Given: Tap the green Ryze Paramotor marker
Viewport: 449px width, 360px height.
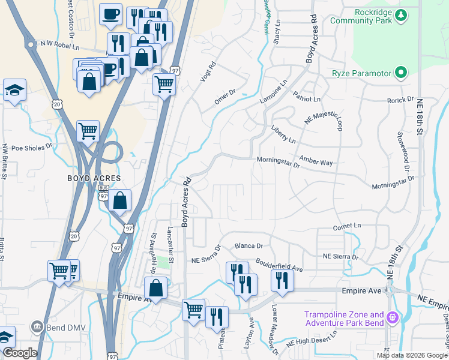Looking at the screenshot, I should tap(400, 74).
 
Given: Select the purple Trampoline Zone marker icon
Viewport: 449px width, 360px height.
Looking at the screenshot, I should tap(393, 317).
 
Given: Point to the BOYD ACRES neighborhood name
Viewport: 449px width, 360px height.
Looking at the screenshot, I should tap(94, 179).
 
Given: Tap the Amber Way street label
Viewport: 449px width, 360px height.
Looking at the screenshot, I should tap(316, 163).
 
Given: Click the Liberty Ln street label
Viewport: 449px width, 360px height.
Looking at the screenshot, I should tap(284, 136).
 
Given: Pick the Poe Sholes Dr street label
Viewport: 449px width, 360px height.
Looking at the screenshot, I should tap(32, 146).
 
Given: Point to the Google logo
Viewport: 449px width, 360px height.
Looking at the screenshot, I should tap(20, 353).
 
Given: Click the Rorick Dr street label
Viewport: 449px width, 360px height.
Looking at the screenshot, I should tap(400, 99).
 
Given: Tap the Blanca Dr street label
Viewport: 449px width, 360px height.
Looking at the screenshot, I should tap(249, 246).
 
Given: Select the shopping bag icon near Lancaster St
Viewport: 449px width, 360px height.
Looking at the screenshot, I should tap(155, 287).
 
